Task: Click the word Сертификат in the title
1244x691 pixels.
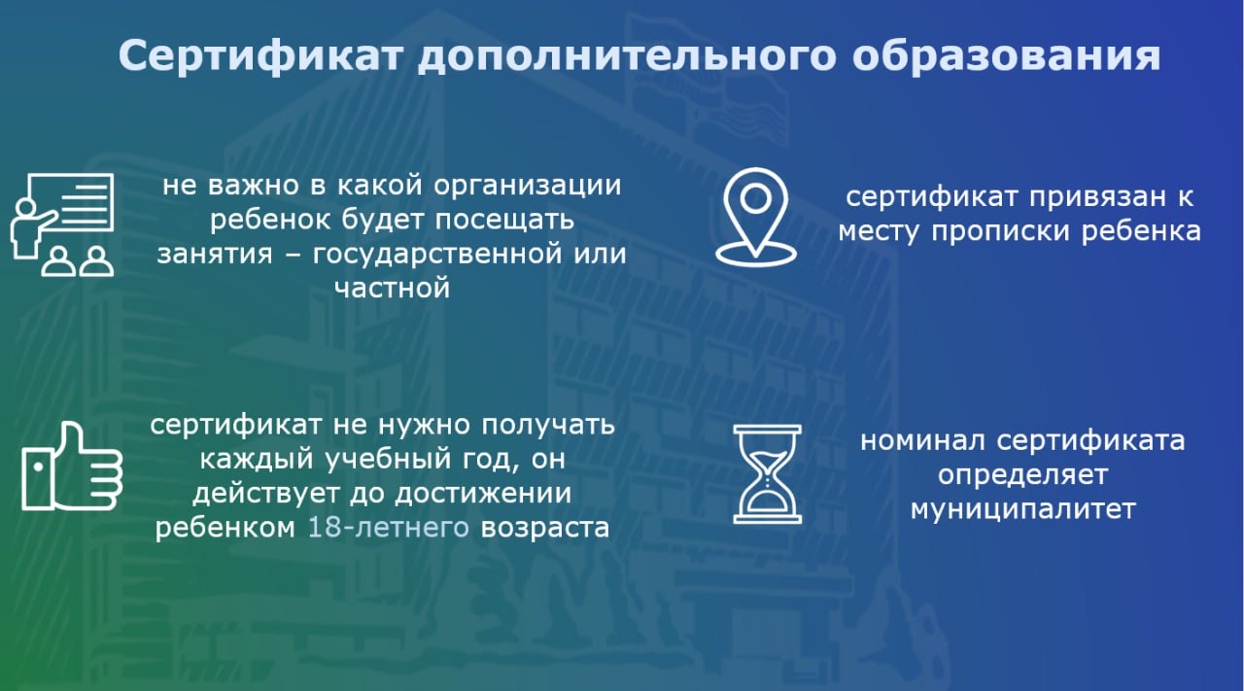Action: point(260,56)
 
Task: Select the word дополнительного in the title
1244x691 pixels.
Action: point(627,56)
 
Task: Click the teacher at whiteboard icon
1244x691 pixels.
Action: point(62,225)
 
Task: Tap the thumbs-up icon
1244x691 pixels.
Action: point(72,466)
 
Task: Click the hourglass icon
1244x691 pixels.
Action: point(768,474)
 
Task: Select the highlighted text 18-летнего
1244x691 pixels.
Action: point(388,527)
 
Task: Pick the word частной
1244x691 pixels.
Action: point(392,289)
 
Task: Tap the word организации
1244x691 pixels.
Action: point(527,186)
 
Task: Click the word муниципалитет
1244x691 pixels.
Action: point(1023,510)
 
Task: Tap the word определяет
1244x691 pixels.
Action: point(1023,476)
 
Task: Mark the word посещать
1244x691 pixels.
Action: point(503,220)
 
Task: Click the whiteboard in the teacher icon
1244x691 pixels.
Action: point(71,202)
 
